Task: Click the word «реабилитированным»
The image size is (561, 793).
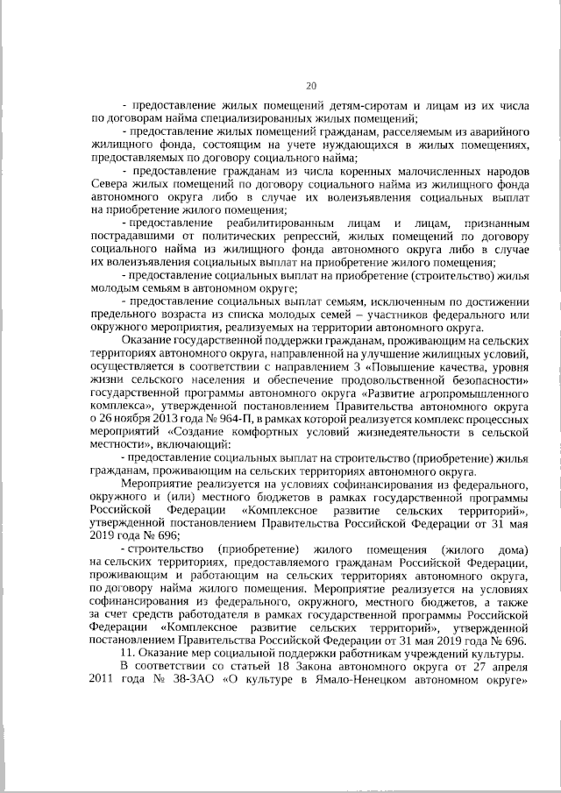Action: pyautogui.click(x=257, y=224)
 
